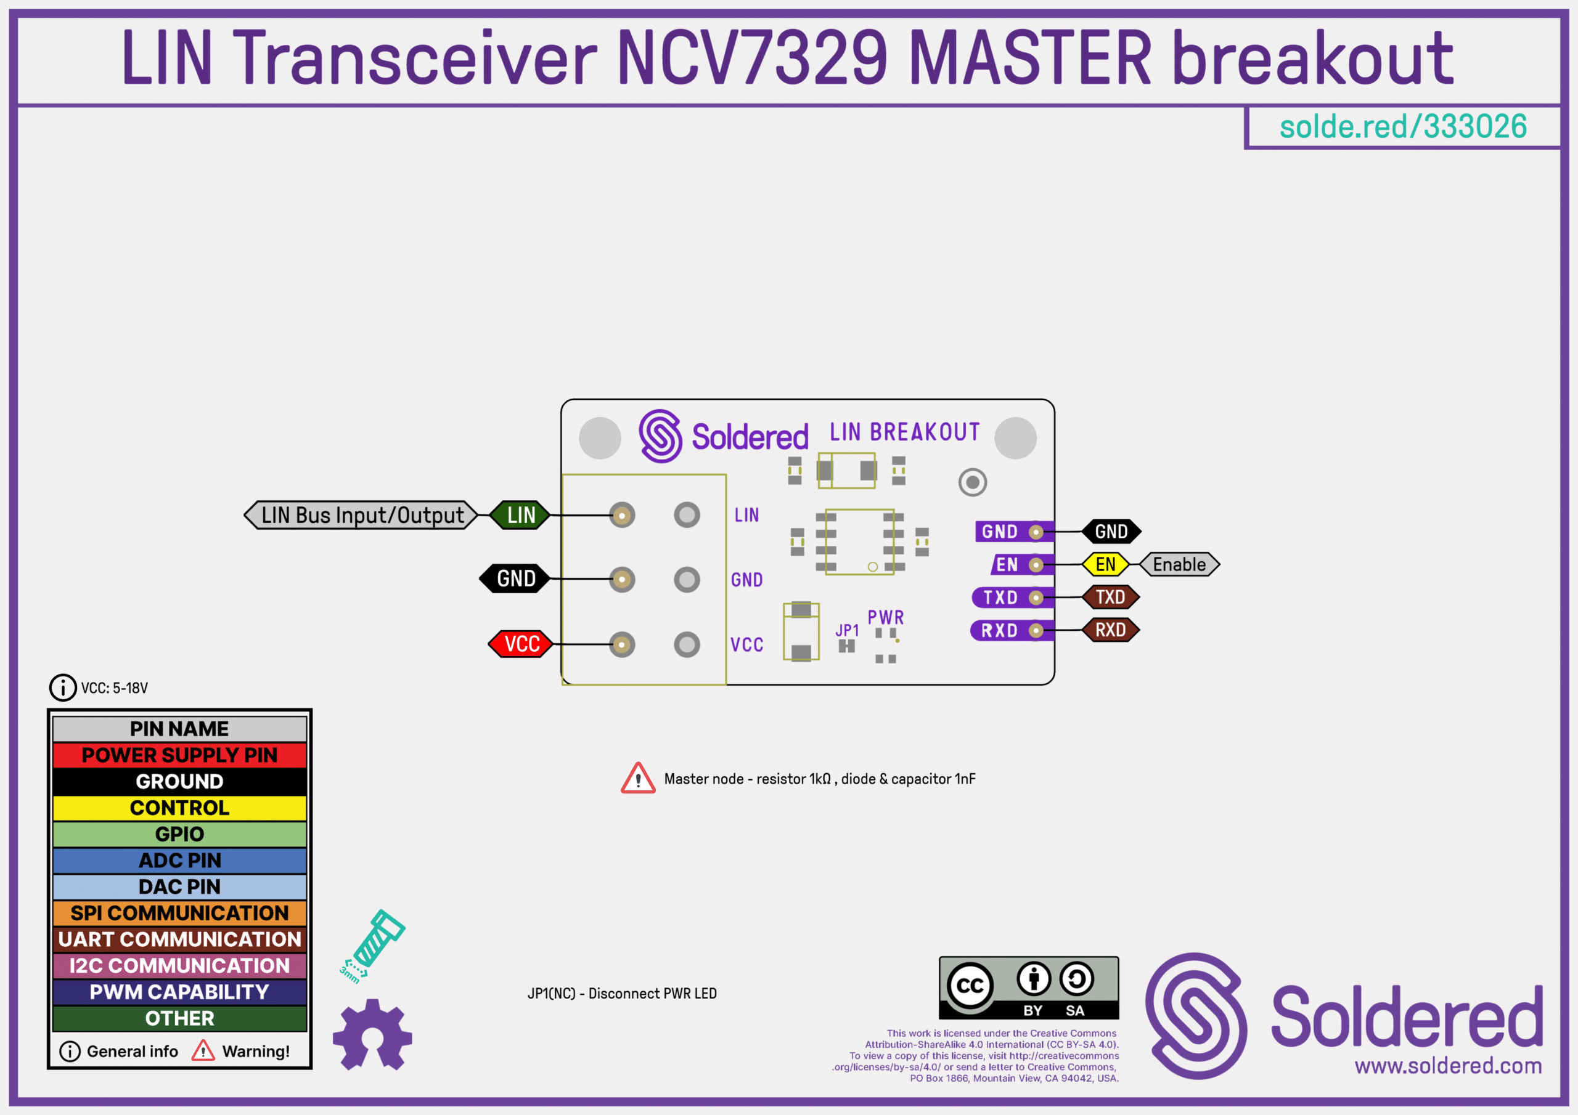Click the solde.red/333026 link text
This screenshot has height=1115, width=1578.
pos(1403,127)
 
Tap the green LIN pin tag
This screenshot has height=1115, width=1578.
pos(520,515)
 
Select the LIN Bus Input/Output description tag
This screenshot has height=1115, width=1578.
pos(361,515)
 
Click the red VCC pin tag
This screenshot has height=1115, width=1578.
pos(521,644)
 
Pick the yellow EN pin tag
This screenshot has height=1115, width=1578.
pos(1105,565)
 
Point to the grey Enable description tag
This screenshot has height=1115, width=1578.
pos(1179,565)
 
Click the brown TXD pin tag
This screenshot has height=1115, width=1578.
pos(1110,597)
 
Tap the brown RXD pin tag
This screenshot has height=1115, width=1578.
pos(1110,630)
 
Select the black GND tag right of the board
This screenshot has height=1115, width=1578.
pos(1111,532)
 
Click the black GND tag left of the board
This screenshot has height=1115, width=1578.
pos(515,579)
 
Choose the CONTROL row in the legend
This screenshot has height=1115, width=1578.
pos(179,808)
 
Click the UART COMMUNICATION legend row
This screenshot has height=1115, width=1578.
pos(179,939)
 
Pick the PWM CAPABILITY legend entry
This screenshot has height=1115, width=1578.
pos(179,992)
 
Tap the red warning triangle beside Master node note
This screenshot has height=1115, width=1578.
pos(638,779)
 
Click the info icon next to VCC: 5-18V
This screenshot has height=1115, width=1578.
pos(62,687)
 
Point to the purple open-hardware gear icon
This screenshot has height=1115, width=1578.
pos(372,1035)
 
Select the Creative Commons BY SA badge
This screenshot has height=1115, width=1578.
pos(1028,988)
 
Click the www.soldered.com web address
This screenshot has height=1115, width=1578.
pos(1448,1066)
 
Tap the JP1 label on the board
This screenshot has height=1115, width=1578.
pos(847,630)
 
